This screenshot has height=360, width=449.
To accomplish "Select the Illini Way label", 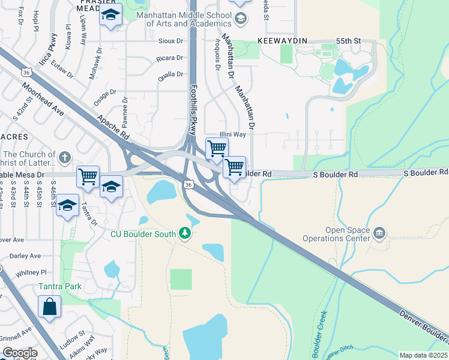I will click(232, 134).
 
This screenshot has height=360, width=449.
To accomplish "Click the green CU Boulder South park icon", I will click(185, 233).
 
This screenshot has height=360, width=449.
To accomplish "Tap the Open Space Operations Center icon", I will click(379, 232).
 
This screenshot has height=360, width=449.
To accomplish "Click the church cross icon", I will click(65, 158).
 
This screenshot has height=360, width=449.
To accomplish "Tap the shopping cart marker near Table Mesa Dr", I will click(88, 176).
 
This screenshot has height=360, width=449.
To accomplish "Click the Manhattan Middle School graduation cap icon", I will click(241, 19).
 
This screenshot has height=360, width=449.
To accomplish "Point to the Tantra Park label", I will click(60, 286).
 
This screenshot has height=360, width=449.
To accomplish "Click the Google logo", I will click(19, 353).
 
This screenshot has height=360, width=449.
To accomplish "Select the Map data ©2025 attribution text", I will click(423, 355).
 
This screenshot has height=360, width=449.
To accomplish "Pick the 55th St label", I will click(348, 41).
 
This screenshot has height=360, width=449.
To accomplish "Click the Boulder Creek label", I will click(318, 329).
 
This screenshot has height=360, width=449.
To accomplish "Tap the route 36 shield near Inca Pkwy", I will click(26, 72).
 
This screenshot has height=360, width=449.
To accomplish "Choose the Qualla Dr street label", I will click(170, 74).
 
